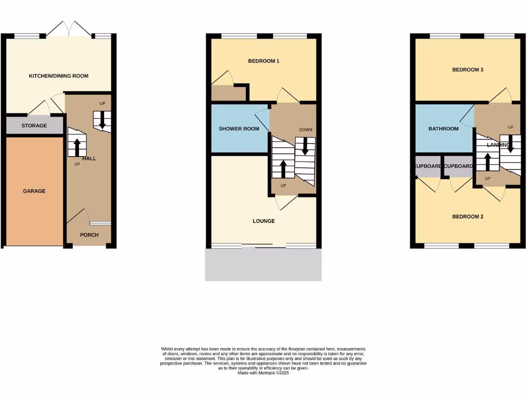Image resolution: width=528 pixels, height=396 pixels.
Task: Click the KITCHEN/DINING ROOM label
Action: (x=58, y=76)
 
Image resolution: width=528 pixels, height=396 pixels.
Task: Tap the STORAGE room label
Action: (x=34, y=126)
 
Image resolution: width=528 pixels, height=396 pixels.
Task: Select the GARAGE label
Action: (x=34, y=191)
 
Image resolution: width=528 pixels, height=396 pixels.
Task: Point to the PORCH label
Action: (x=89, y=235)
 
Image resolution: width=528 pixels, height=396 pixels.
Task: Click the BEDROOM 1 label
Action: (x=263, y=61)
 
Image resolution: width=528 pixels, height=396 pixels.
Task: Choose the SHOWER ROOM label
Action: (x=239, y=128)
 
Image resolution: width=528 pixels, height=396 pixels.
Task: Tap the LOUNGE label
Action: (x=263, y=221)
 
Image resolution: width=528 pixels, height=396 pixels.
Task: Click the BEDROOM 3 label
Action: (x=467, y=70)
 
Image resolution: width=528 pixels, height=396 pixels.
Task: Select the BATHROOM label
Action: (x=443, y=128)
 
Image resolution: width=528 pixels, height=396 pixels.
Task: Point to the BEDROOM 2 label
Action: (x=467, y=217)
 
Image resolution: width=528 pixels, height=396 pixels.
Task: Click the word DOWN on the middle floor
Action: (x=305, y=129)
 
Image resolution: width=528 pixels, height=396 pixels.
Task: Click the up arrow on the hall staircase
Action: (x=77, y=146)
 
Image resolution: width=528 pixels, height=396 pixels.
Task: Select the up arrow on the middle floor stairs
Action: (x=283, y=168)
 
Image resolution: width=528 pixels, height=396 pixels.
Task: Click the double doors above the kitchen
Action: (x=70, y=29)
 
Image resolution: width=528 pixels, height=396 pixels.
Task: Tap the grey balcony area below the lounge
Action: (x=263, y=265)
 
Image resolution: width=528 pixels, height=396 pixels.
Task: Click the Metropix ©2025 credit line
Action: (x=263, y=373)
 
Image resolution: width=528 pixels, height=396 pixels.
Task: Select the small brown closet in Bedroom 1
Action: (x=228, y=93)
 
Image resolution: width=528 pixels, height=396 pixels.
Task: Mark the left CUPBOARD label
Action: (x=428, y=167)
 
